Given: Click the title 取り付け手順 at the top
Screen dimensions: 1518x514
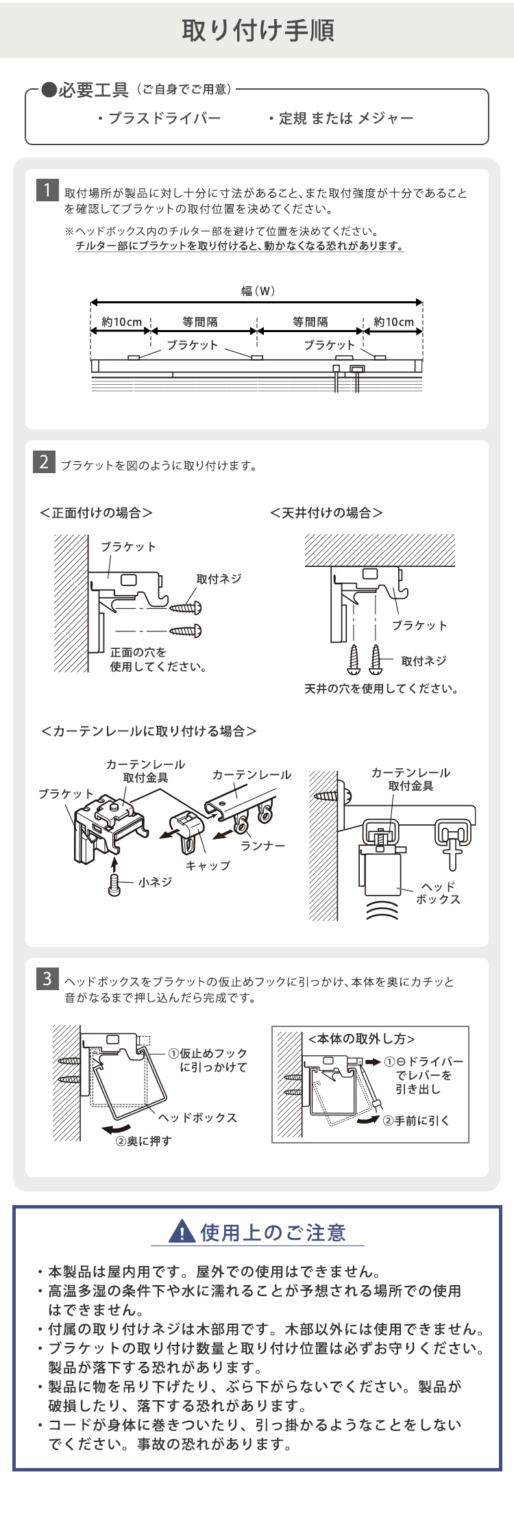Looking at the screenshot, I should coord(257,31).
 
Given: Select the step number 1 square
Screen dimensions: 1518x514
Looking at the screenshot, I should coord(47,190).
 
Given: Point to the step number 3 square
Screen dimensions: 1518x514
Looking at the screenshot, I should coord(47,978).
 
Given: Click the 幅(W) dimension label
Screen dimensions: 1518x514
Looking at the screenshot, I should coord(258,291).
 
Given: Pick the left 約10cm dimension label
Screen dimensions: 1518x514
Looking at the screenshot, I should coord(121,322).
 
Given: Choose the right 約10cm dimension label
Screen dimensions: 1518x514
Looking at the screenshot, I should coord(393,322).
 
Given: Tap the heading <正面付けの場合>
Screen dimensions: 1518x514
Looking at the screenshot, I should coord(96,512).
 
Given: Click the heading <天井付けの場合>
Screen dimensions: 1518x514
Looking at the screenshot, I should coord(326,512).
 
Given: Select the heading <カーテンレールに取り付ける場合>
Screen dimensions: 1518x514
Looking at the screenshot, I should coord(149,731).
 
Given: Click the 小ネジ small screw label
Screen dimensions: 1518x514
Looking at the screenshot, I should coord(155,883).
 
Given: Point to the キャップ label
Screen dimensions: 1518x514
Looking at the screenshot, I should coord(208,865).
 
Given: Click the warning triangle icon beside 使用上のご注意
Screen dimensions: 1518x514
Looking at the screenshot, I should coord(181,1232).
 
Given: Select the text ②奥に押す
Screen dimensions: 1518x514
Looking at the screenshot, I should coord(143,1141).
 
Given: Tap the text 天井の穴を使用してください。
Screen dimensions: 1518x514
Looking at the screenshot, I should coord(382,688).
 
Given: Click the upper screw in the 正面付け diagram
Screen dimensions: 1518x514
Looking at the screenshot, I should coord(186,607).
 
